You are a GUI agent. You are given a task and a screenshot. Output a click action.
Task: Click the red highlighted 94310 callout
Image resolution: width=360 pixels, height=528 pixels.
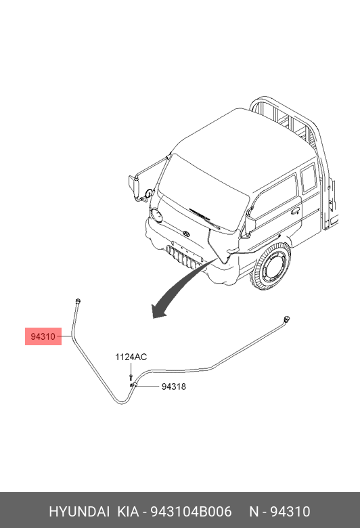[43, 336]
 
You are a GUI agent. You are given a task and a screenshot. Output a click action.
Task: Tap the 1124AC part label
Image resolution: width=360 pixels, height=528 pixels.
[131, 357]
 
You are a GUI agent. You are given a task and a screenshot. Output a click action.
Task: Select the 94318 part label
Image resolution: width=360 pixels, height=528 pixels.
[174, 387]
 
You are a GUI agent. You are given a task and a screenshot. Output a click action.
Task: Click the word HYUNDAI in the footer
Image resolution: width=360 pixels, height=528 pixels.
[79, 512]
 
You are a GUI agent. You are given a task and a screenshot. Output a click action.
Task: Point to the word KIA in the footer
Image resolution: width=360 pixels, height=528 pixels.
[128, 512]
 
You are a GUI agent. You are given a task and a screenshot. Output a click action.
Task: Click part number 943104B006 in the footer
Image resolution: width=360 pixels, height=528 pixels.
[191, 512]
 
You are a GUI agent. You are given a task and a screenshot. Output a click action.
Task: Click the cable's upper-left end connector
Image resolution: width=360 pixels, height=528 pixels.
[78, 301]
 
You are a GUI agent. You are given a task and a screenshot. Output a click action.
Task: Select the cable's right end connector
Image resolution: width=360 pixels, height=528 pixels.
[287, 318]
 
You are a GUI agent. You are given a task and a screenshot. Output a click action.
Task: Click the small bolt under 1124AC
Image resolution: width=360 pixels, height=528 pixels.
[131, 377]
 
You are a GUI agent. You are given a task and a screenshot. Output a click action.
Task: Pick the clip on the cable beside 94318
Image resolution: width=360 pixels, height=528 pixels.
[133, 385]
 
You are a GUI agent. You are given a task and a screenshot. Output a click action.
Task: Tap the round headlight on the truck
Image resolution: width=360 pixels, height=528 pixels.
[156, 215]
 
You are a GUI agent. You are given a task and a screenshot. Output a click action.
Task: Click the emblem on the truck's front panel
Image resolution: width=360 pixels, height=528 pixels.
[186, 234]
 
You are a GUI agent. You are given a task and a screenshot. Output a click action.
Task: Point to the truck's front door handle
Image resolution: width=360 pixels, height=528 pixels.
[295, 211]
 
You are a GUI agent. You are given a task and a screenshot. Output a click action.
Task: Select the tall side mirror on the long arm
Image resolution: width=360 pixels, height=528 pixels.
[135, 188]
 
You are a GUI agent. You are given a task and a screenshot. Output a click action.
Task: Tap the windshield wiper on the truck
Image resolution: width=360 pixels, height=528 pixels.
[205, 218]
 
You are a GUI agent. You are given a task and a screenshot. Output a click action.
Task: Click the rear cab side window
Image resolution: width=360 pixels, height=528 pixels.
[308, 179]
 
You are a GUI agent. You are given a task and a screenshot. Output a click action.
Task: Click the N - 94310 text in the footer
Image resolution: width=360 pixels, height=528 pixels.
[279, 512]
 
